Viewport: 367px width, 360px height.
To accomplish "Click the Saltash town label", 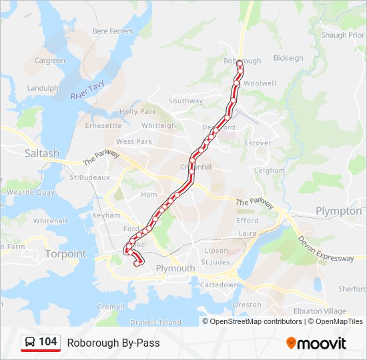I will pos(41,153).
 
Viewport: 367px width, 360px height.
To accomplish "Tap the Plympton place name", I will pos(338,211).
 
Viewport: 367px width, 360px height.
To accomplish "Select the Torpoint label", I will pos(65,254).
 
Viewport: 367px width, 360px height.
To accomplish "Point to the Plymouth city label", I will pos(175,268).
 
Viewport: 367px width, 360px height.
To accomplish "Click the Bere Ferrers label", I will pos(112,31).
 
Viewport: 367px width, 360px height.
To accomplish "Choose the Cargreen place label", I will pos(50,61).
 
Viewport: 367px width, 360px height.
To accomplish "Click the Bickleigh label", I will pos(288,58).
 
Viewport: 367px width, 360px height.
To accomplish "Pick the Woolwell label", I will pos(260,83).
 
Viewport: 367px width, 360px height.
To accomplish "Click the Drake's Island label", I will pos(156,323).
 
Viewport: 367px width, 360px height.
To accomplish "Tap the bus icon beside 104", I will pos(30,343).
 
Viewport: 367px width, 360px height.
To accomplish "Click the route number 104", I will pos(47,342).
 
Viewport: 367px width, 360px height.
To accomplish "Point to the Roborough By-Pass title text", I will pos(113,343).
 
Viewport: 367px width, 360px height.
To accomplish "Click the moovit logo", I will pos(316,343).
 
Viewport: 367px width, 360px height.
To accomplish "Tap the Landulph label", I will pos(43,88).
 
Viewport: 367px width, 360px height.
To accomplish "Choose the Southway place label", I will pos(186,101).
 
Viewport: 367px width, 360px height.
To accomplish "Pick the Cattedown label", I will pos(219,285).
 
